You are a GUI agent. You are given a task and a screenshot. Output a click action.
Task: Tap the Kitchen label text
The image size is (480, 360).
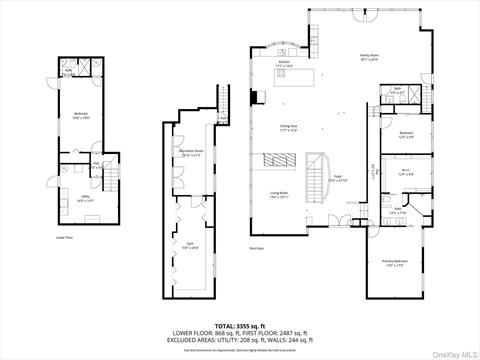coord(284,64)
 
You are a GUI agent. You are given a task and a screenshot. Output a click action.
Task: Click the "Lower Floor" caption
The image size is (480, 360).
coord(67,238)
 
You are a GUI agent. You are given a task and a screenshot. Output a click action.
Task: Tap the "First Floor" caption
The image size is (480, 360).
coord(257,248)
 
